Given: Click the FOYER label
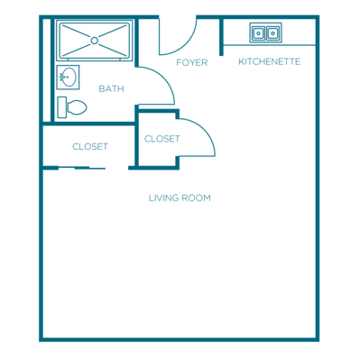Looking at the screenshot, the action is (x=191, y=62).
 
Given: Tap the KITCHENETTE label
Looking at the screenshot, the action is (x=269, y=61).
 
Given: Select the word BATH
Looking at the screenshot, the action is (x=111, y=88).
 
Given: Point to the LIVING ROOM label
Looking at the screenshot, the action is (x=180, y=198).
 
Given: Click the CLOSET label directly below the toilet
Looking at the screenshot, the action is (x=90, y=146).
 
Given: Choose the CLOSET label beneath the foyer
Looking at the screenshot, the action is (x=162, y=139).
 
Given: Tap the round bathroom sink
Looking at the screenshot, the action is (x=66, y=78).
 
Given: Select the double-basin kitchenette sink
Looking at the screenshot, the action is (x=265, y=32).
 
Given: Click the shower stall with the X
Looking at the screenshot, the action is (x=94, y=40).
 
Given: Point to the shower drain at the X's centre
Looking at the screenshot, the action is (x=94, y=40).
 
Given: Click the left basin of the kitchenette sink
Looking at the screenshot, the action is (x=258, y=32).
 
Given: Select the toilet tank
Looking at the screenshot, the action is (x=62, y=106).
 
